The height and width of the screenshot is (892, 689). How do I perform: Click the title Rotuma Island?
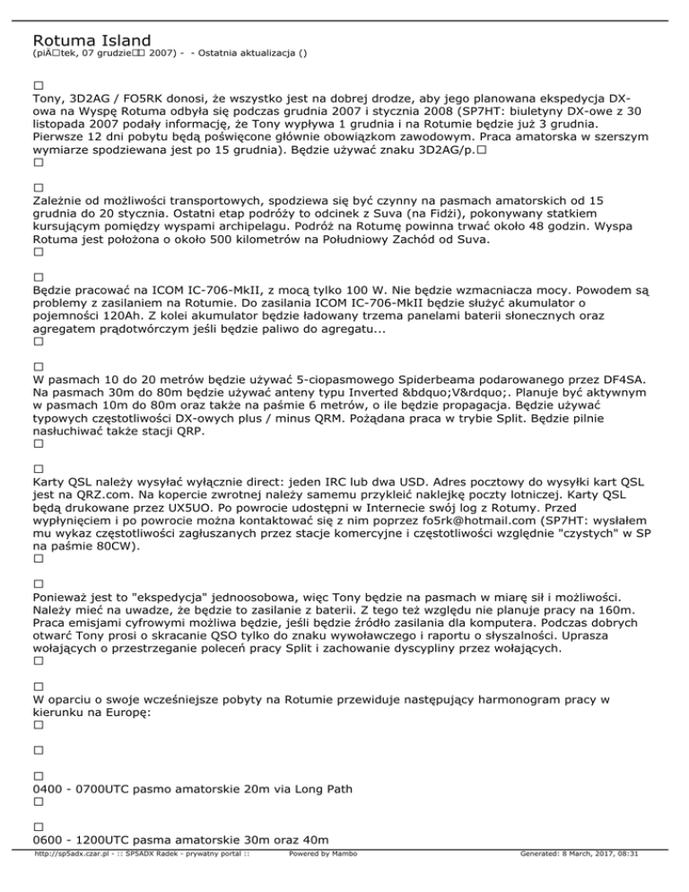click(92, 40)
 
